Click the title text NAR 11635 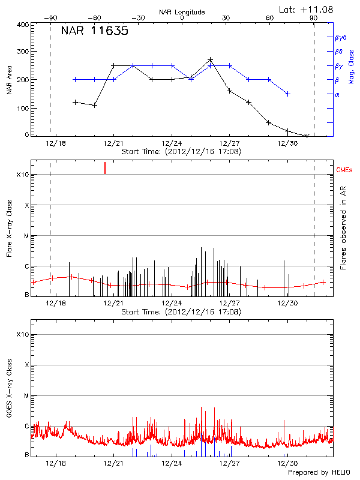(x=94, y=32)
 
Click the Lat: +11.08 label (x=307, y=9)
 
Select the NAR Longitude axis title (x=182, y=12)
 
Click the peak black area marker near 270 (x=210, y=60)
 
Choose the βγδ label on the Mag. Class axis (x=341, y=37)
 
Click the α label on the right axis (x=337, y=94)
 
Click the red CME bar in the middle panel (x=105, y=168)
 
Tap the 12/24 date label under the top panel (x=172, y=143)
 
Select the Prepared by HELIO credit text (x=319, y=473)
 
